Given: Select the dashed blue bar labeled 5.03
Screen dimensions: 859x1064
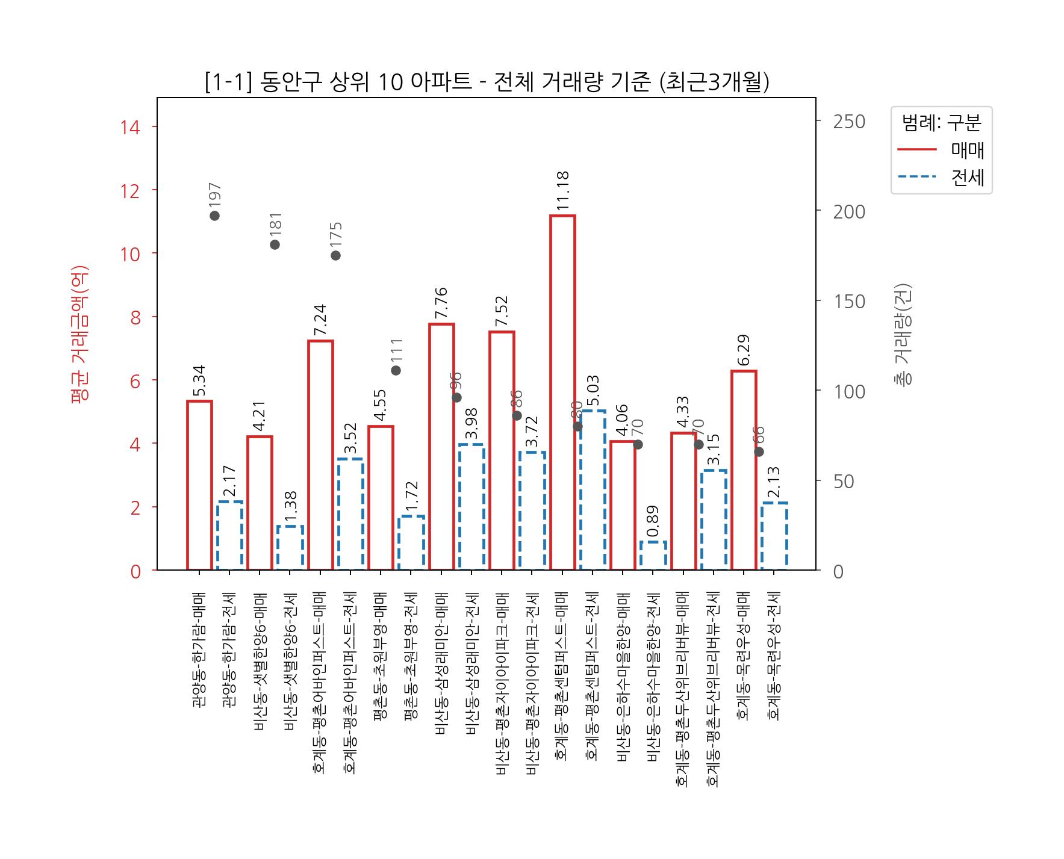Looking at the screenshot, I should [x=593, y=490].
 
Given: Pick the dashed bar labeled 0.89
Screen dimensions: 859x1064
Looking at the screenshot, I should [x=653, y=556].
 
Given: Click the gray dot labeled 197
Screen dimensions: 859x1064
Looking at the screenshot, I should [x=215, y=216].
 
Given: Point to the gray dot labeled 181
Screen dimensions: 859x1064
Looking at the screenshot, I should [x=275, y=244].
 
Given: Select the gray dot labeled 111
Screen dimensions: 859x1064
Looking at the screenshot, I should [x=396, y=370].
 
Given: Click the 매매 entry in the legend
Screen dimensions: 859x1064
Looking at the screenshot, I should [x=967, y=150].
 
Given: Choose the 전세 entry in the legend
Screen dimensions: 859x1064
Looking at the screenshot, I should [x=967, y=178].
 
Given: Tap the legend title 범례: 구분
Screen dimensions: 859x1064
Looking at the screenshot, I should [x=941, y=123].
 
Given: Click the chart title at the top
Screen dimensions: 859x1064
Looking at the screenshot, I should [x=487, y=82].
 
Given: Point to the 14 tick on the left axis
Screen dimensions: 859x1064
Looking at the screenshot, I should [x=130, y=127].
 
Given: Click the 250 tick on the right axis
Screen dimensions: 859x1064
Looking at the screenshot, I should [x=849, y=122].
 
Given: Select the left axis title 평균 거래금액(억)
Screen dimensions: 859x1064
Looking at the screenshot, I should [x=80, y=334].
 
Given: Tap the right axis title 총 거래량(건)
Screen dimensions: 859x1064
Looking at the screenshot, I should [x=903, y=334].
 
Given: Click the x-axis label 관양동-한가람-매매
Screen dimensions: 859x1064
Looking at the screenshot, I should [x=199, y=650].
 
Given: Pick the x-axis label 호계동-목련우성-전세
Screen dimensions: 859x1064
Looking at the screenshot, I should [x=774, y=656].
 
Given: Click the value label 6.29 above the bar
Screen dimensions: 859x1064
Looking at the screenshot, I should [x=744, y=350].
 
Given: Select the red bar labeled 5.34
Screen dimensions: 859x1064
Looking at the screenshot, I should [x=199, y=485].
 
